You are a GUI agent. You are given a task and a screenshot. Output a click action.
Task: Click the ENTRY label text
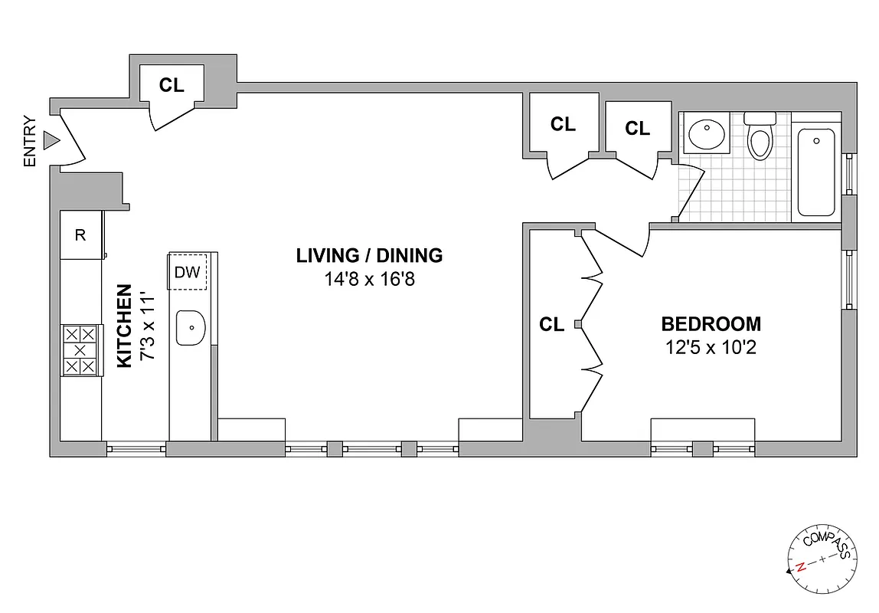[x=30, y=141]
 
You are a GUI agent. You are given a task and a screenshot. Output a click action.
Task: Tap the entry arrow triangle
[x=51, y=140]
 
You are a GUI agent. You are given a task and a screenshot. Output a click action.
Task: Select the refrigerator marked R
[x=80, y=235]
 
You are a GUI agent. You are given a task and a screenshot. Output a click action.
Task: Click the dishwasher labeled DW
[x=187, y=272]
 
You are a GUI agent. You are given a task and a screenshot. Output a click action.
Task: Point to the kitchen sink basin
[x=191, y=329]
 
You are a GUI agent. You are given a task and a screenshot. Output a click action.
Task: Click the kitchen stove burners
[x=81, y=349]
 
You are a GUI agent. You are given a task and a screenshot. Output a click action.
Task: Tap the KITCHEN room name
[x=124, y=326]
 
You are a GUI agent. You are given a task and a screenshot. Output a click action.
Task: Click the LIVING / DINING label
[x=370, y=255]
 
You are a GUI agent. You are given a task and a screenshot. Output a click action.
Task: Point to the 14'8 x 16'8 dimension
[x=370, y=279]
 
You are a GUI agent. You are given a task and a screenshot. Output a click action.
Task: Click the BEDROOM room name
[x=711, y=323]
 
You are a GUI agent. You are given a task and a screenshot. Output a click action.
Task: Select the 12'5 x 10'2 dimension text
[x=711, y=348]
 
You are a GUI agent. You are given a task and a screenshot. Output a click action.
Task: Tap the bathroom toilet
[x=760, y=138]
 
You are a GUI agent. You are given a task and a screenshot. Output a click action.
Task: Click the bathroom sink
[x=707, y=135]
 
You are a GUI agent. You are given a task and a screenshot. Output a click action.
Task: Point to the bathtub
[x=816, y=172]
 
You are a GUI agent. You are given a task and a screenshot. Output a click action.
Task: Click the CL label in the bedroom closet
[x=551, y=324]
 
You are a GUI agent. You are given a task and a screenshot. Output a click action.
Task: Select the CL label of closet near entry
[x=172, y=85]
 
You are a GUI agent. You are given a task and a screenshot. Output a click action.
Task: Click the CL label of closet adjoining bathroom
[x=637, y=128]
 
